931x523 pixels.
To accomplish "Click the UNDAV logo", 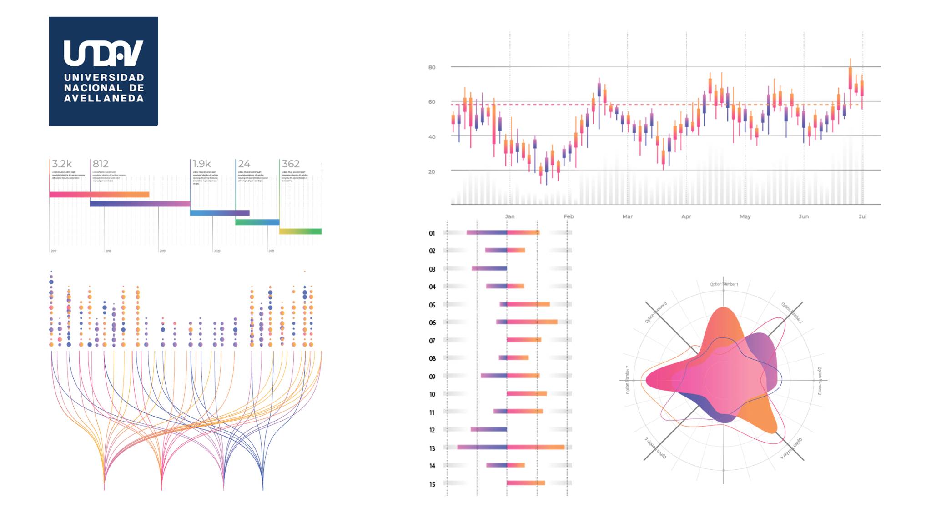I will tap(103, 71).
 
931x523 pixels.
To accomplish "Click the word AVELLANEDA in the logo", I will tap(104, 98).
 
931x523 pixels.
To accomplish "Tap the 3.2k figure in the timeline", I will tap(62, 164).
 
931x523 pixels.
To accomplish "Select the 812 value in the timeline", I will tap(101, 164).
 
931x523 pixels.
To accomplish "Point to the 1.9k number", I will tap(201, 164).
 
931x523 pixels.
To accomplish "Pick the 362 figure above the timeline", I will tap(291, 164).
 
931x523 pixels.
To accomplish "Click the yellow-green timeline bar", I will tap(300, 231).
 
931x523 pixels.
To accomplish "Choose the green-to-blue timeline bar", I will tap(257, 222).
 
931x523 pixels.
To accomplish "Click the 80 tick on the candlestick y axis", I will tap(432, 67).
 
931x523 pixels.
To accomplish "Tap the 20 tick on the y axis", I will tap(432, 171).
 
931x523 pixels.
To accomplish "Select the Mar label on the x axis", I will tap(627, 216).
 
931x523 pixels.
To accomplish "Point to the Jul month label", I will tap(862, 216).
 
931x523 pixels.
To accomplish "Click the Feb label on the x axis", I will tap(569, 216).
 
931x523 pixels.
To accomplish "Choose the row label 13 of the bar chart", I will tap(432, 448).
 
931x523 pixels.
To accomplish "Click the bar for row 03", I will tap(489, 268).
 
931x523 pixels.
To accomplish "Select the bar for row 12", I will tap(488, 429).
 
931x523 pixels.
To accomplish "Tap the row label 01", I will tap(432, 233).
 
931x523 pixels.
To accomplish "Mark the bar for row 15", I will tap(526, 483).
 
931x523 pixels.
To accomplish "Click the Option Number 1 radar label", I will tap(724, 284).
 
